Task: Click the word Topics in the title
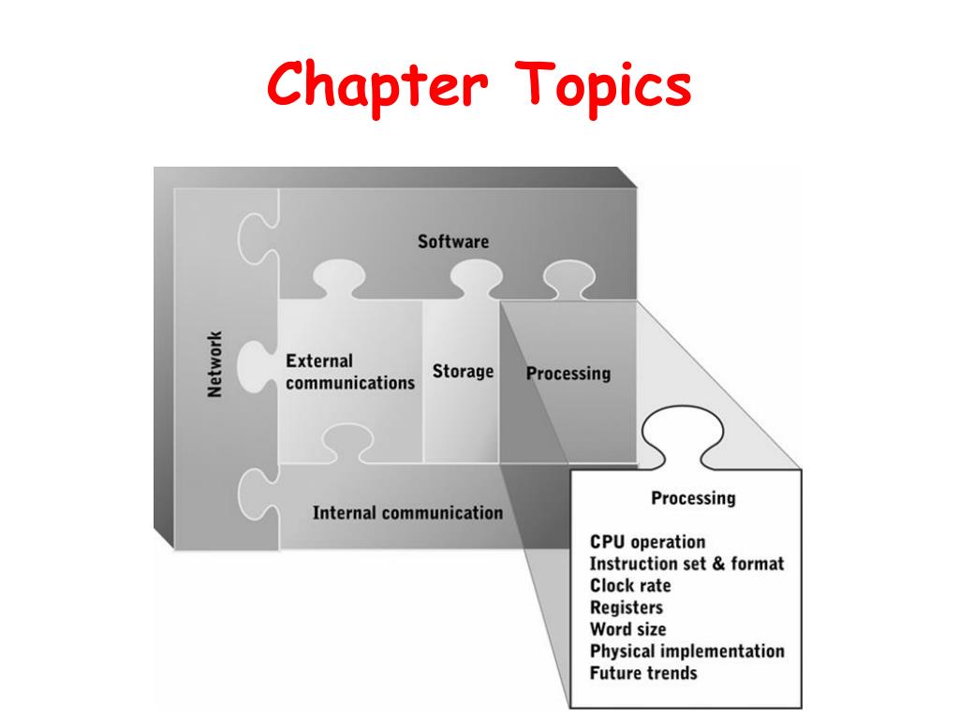602,86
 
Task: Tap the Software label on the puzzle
452,242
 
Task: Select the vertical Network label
214,364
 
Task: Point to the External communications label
349,372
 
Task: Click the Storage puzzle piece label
463,372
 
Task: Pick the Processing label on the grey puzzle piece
568,374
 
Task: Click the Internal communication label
407,513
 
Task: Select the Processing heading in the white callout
693,497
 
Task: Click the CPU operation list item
647,542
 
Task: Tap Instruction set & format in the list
686,564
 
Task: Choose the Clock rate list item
630,585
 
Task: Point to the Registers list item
626,608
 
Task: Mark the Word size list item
627,629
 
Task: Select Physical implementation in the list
686,651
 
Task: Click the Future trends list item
643,672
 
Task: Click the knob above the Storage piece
476,276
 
